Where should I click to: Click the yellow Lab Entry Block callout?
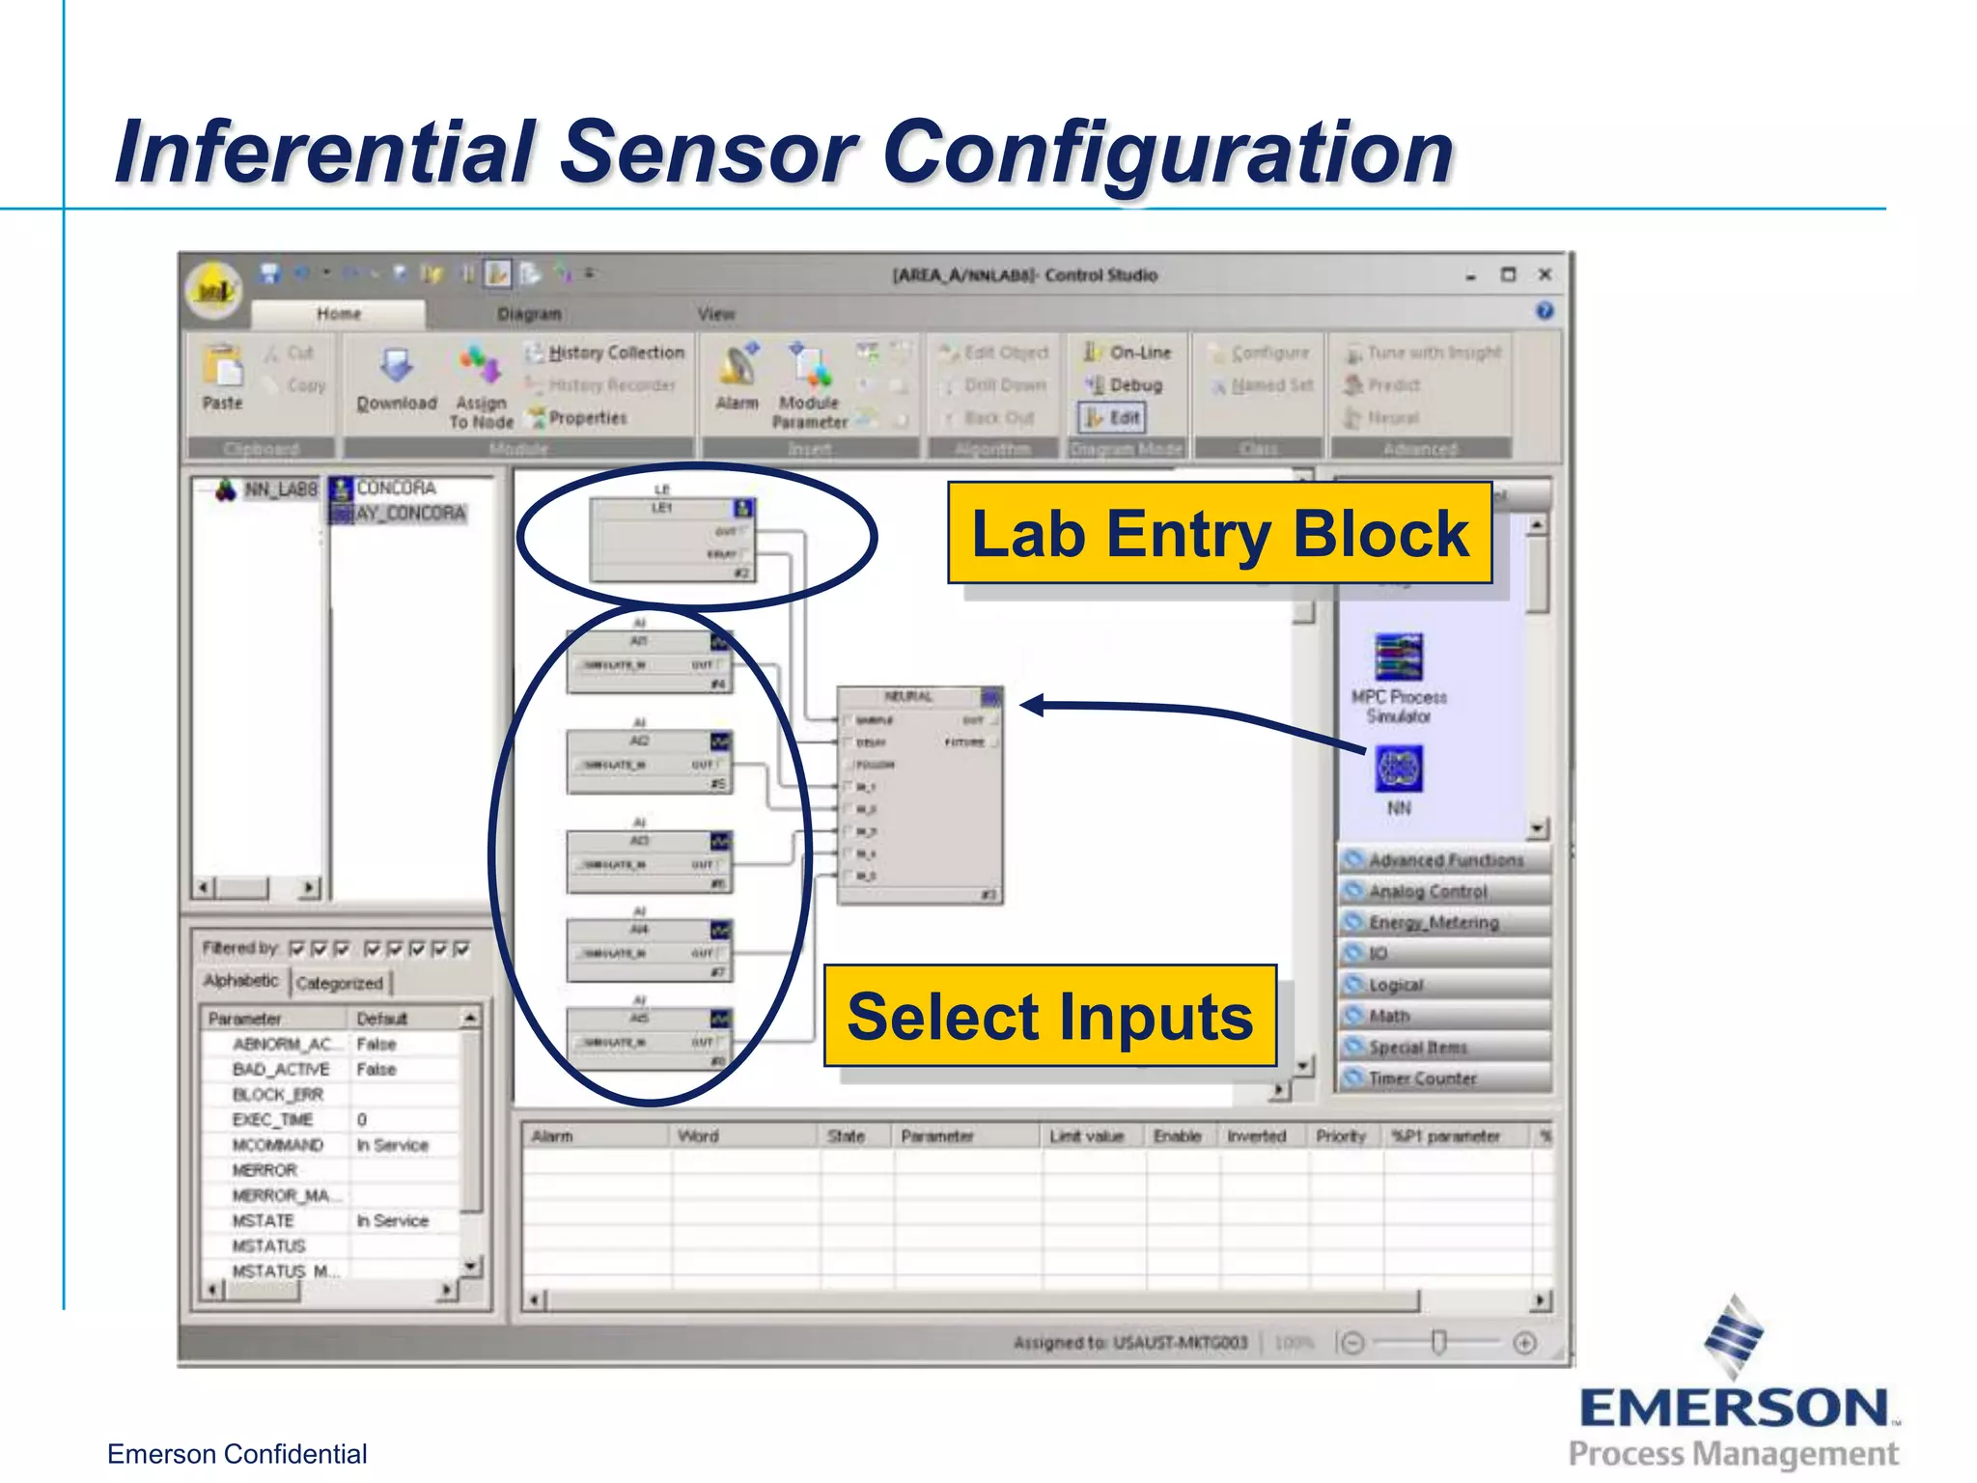point(1219,533)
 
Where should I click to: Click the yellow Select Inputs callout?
point(1049,1016)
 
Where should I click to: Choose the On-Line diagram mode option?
point(1128,352)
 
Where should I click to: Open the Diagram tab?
point(529,314)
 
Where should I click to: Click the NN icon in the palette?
point(1399,772)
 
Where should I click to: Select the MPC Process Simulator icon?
point(1399,659)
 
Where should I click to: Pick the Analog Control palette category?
point(1428,891)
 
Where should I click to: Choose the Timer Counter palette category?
point(1422,1078)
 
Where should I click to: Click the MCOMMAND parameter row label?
point(278,1145)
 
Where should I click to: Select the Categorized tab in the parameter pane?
point(340,983)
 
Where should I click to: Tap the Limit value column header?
point(1087,1136)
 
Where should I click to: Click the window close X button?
point(1545,275)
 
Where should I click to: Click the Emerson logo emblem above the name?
point(1734,1336)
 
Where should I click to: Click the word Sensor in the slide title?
point(708,152)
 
